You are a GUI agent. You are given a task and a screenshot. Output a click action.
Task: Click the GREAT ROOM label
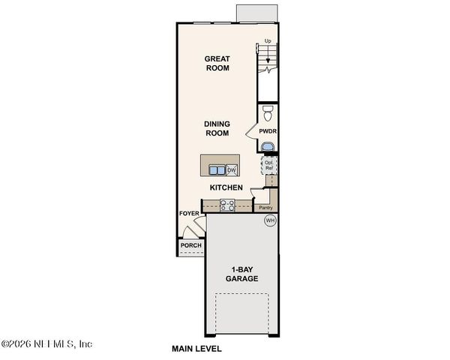pos(217,63)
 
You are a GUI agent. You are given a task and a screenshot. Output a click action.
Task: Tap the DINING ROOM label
pos(217,128)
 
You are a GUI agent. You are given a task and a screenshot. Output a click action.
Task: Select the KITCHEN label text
pos(226,187)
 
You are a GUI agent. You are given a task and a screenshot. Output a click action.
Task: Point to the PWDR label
pos(268,131)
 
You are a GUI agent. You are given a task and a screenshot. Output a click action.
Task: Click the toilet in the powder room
pos(268,114)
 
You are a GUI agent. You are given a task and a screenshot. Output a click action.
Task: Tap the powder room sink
pos(268,145)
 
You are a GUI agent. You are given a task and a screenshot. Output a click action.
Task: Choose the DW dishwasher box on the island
pos(232,169)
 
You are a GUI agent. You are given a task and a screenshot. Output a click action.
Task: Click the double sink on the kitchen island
pos(217,169)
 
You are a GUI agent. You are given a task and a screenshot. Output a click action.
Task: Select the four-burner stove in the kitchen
pos(227,205)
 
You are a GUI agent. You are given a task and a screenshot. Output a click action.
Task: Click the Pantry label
pos(264,208)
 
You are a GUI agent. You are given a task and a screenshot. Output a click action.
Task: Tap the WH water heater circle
pos(270,220)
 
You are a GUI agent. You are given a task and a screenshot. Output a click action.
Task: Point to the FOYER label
pos(189,214)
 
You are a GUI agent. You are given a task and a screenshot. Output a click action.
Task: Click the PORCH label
pos(190,245)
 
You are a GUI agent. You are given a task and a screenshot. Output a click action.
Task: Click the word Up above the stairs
pos(268,42)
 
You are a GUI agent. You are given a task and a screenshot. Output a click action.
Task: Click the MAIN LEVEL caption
pos(196,349)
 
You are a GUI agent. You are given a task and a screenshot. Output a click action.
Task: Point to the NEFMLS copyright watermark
pos(46,344)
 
